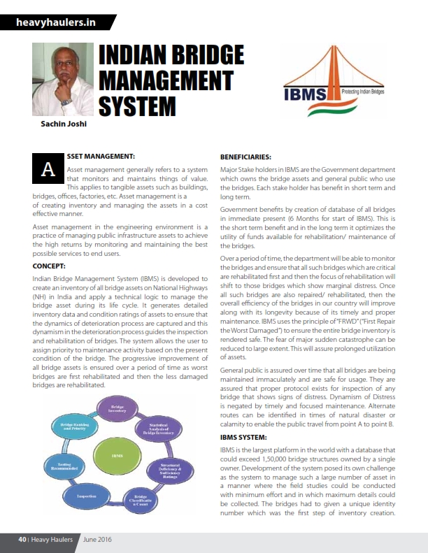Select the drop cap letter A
pyautogui.click(x=48, y=168)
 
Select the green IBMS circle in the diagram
pyautogui.click(x=117, y=455)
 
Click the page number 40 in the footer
pyautogui.click(x=22, y=540)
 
